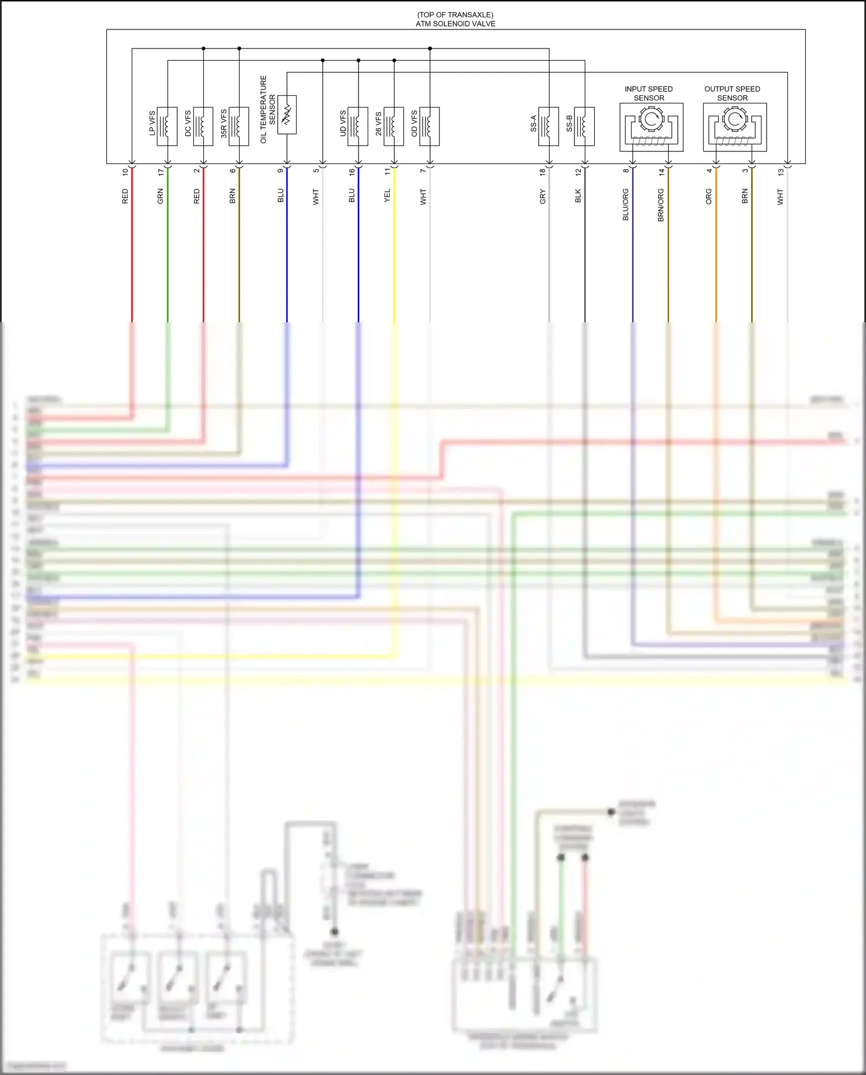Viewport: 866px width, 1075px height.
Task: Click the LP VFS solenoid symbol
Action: click(167, 126)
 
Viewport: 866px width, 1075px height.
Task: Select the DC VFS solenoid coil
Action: click(203, 126)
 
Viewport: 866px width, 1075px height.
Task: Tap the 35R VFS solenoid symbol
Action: click(238, 126)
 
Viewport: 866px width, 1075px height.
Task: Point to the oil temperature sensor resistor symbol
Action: click(287, 114)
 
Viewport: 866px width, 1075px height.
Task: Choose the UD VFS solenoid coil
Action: click(358, 126)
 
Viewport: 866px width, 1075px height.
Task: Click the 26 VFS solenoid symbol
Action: click(394, 126)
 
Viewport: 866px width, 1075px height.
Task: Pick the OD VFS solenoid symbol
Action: click(430, 126)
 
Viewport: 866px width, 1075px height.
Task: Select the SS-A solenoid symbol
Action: click(548, 126)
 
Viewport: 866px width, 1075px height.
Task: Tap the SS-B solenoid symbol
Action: click(584, 126)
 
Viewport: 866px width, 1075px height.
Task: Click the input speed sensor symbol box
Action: click(651, 127)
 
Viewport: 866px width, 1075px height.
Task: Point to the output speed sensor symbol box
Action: click(734, 127)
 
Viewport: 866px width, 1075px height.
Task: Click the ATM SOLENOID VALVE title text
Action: click(456, 24)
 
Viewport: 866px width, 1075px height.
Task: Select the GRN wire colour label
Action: click(160, 196)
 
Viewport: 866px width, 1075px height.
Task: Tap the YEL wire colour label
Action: click(387, 196)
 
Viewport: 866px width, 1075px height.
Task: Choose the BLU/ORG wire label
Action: click(626, 204)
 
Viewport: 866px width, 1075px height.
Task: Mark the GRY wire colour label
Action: click(543, 196)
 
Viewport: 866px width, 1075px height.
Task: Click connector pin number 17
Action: click(161, 172)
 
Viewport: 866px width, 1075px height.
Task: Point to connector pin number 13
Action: click(781, 172)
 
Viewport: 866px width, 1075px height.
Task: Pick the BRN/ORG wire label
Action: click(661, 205)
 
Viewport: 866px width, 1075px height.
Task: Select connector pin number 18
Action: click(543, 172)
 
